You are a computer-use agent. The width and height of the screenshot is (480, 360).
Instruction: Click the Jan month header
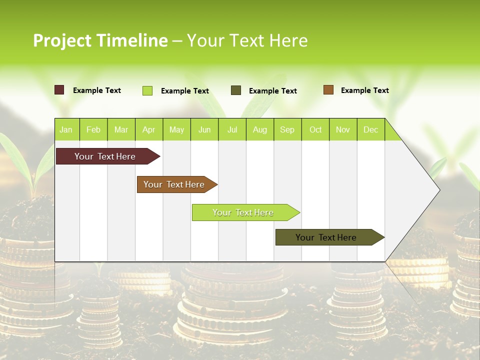66,129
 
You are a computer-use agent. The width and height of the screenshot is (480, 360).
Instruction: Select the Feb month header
93,129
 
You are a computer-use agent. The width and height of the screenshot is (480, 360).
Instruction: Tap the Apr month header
148,129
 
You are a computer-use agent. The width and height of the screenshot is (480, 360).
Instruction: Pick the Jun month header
204,129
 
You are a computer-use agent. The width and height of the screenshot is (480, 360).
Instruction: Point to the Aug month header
260,129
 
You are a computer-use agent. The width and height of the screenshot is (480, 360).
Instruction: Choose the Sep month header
287,129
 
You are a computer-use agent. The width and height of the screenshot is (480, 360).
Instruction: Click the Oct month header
315,129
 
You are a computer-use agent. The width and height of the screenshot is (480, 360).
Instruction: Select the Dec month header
370,129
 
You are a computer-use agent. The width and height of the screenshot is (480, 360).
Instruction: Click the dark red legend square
59,90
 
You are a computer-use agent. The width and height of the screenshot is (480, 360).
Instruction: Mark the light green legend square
147,90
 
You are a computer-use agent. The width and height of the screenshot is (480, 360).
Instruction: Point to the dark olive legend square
236,90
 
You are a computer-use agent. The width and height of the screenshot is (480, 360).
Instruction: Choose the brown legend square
328,90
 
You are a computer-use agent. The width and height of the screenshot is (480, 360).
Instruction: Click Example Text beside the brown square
364,90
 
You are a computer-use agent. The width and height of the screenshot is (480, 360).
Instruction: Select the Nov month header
343,129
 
